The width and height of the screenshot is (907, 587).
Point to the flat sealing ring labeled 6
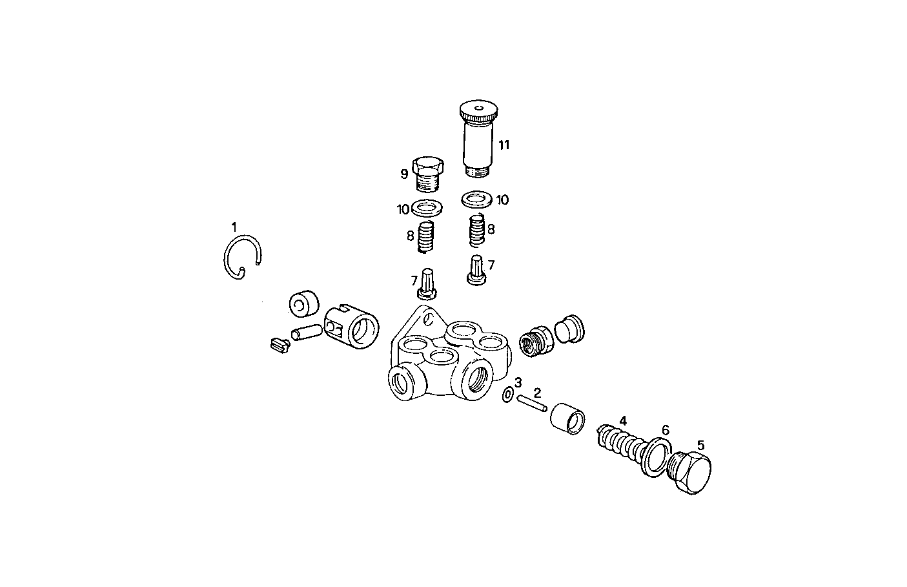[657, 457]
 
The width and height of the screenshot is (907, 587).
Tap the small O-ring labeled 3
[508, 394]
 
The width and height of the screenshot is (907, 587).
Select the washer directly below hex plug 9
[426, 208]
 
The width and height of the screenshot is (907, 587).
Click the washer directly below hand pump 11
[476, 198]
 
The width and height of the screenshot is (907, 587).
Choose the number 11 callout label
[504, 145]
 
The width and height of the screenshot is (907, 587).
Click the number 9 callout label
[404, 173]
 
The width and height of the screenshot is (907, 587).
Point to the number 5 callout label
[700, 445]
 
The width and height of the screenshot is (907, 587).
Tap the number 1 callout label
[234, 227]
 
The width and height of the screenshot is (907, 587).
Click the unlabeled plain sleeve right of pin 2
[568, 417]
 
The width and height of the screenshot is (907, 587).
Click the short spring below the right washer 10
[476, 231]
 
